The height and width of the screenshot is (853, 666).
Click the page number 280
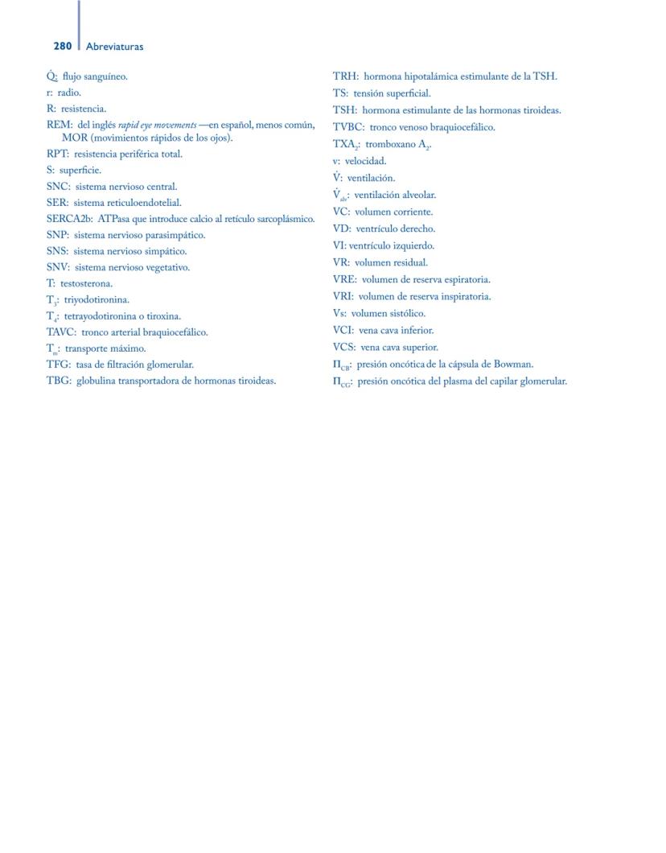tap(63, 47)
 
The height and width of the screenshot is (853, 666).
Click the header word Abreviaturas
tap(114, 47)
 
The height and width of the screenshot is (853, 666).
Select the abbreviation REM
tap(59, 125)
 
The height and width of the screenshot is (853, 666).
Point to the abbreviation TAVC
tap(60, 332)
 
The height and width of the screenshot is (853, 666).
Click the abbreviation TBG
tap(58, 381)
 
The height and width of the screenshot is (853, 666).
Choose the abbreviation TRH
tap(345, 76)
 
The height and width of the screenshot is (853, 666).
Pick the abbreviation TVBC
tap(348, 127)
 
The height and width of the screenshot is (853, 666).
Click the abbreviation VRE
tap(344, 280)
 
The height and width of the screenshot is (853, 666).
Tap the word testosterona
tap(86, 283)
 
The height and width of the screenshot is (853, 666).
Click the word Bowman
tap(513, 365)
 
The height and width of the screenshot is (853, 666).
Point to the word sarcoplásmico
tap(286, 219)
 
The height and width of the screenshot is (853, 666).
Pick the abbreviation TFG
tap(58, 365)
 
